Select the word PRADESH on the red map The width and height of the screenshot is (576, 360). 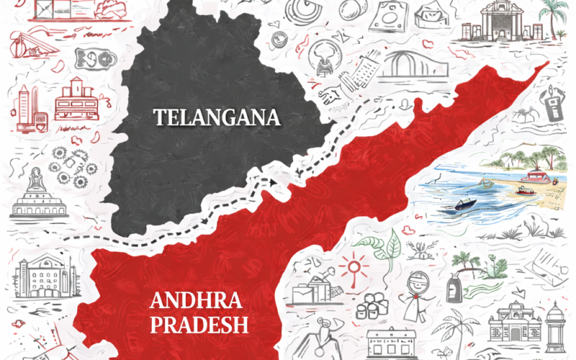[198, 325]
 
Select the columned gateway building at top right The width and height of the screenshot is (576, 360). [502, 22]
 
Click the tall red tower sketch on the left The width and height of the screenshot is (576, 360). [24, 108]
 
